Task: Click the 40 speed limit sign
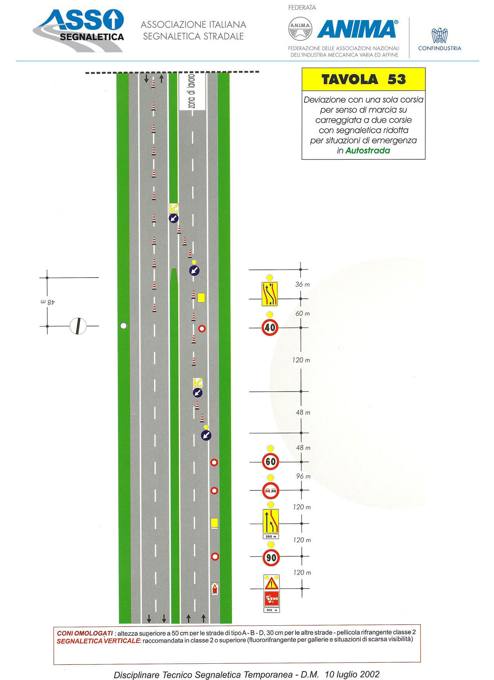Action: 270,328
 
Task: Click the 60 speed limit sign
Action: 270,461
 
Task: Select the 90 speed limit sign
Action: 271,557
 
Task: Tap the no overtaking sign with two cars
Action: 271,491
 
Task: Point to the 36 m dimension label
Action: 303,285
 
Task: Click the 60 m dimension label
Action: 303,314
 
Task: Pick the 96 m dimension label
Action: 303,476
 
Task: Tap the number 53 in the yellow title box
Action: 397,79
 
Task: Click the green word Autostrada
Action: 368,151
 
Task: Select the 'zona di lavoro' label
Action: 192,92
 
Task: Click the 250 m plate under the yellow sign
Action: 271,537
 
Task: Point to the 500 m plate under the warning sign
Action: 272,610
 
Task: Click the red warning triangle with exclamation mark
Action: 272,583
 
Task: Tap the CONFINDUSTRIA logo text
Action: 440,48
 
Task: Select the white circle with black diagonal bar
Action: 78,326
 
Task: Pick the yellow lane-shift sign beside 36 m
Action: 270,293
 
